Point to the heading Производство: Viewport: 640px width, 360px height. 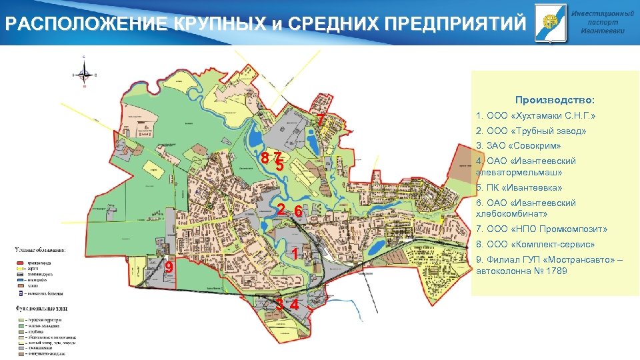point(555,100)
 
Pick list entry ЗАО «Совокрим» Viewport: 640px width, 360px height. point(519,146)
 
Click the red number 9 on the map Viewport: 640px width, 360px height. point(169,267)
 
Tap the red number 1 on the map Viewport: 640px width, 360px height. point(294,254)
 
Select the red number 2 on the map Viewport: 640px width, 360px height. point(282,209)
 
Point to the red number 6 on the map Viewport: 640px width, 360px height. point(299,212)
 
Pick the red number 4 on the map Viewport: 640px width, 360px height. point(293,305)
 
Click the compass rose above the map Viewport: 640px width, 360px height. point(84,72)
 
